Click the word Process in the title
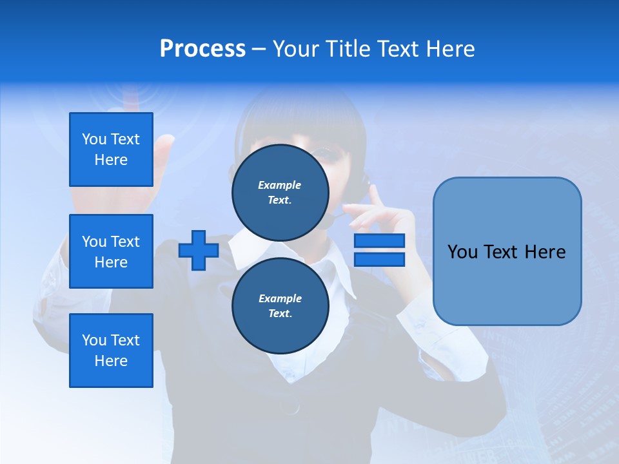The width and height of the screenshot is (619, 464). coord(202,49)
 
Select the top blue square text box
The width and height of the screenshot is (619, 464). coord(111,150)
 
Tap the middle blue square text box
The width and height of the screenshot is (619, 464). coord(111,251)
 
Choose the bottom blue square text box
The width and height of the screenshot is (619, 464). coord(111,351)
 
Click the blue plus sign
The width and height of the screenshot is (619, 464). coord(199,251)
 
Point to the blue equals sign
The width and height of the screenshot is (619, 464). coord(379,251)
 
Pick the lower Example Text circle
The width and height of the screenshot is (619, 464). coord(280,305)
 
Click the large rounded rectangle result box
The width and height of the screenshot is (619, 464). coord(507,251)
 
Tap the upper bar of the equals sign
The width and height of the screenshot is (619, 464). coord(379,241)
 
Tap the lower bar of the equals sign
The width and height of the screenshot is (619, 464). coord(379,260)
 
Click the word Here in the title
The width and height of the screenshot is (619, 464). coord(451,49)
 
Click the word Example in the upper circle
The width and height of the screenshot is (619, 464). coord(280,185)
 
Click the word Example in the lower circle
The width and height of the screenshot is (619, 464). coord(280,298)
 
